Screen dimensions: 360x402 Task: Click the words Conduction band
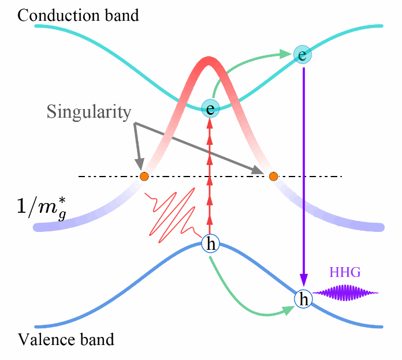[78, 15]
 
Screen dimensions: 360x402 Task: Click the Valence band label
[66, 339]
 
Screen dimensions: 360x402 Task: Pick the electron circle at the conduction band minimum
[210, 107]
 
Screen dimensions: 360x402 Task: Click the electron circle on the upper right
[302, 54]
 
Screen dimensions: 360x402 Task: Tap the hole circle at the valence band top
[210, 245]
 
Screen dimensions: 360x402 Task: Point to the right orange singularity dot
[274, 176]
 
